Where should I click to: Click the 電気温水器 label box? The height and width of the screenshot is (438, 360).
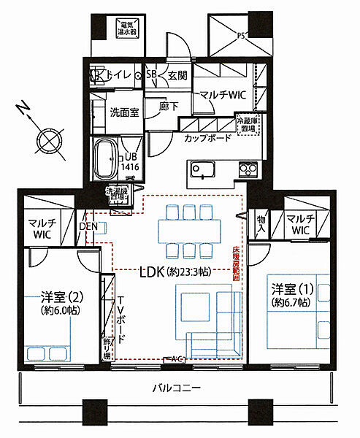coord(129,28)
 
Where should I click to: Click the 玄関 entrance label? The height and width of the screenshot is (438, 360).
coord(177,74)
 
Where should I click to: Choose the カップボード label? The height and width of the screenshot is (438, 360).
coord(208,137)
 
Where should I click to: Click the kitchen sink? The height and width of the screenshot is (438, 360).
coord(202,171)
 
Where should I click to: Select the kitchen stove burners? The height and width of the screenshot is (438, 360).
coord(249,171)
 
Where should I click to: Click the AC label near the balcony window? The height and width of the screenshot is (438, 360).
coord(176,359)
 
